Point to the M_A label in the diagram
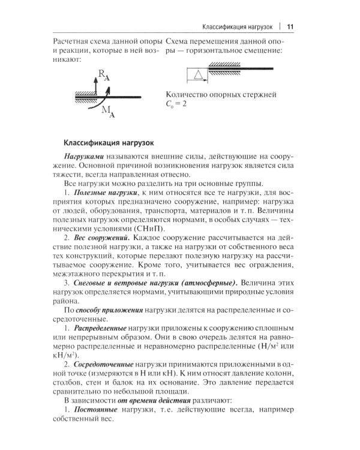coord(108,112)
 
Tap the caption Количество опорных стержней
coord(220,94)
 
